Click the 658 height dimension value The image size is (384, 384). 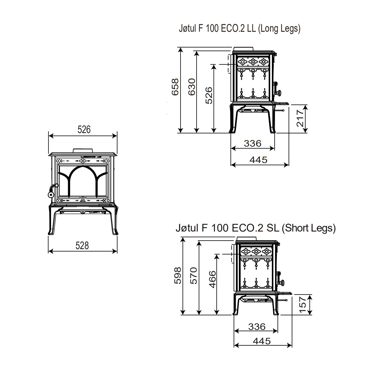tap(175, 87)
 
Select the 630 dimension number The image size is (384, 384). tap(192, 87)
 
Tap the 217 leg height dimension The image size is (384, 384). tap(300, 118)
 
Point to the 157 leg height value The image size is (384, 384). tap(303, 305)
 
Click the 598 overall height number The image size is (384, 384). tap(177, 275)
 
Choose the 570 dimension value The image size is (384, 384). tap(194, 275)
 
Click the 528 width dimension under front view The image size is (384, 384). tap(82, 246)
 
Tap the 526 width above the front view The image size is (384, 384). tap(84, 130)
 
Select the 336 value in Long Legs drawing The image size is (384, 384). tap(253, 143)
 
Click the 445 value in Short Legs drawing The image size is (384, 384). tap(262, 341)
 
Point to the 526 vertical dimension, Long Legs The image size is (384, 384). tap(209, 95)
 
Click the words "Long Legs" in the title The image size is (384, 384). tap(279, 29)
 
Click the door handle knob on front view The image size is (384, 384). tap(50, 195)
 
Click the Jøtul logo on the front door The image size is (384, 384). tap(83, 199)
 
